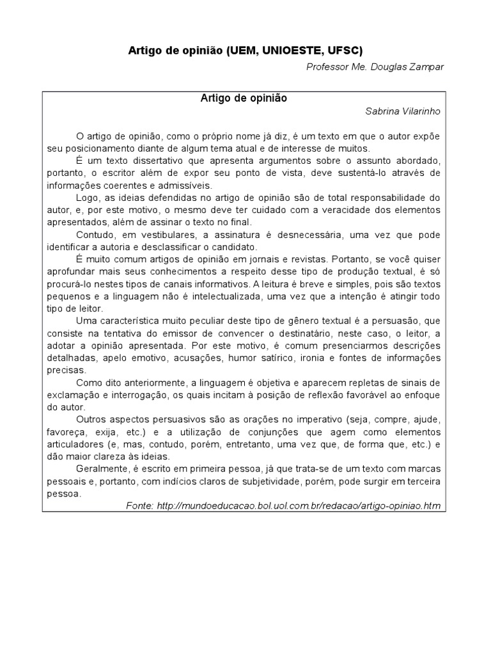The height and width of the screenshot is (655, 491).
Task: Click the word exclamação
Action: pos(73,394)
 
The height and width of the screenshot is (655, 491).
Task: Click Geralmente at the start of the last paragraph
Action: pos(100,468)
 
